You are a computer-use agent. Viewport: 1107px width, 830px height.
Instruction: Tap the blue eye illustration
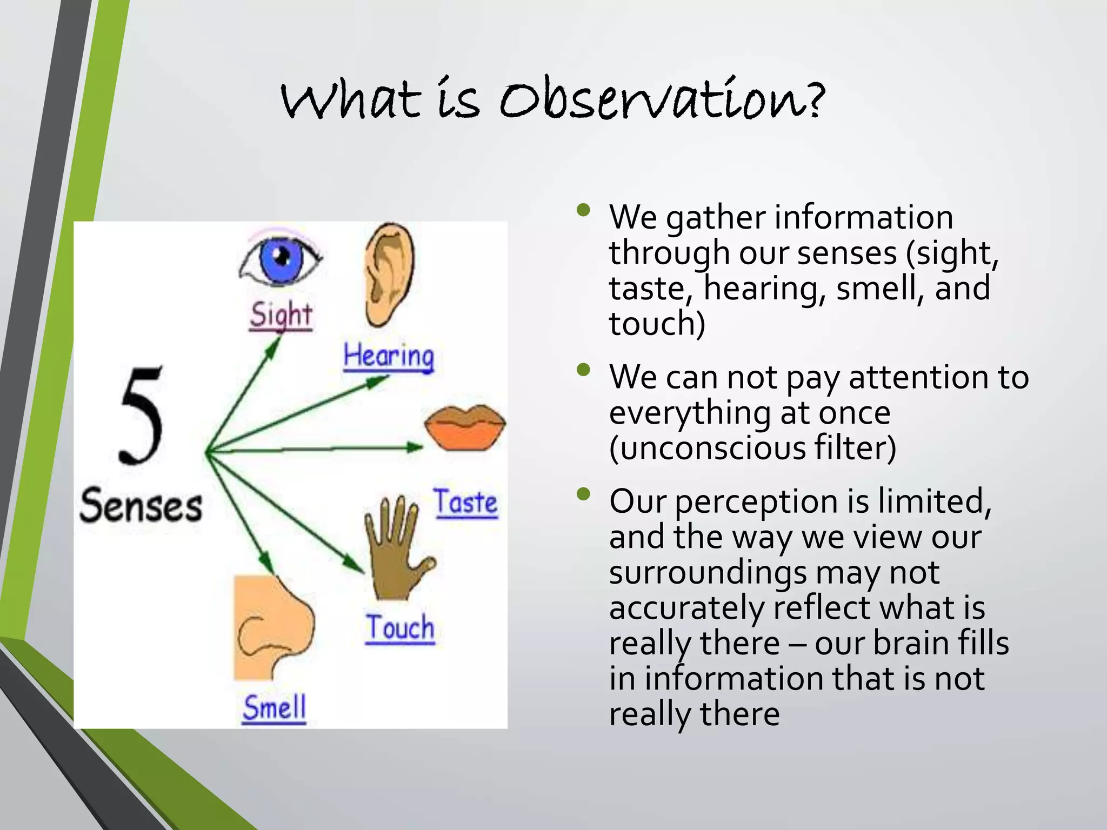pos(280,258)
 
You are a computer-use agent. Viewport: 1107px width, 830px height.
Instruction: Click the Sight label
pos(281,315)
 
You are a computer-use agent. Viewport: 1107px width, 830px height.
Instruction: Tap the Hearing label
pos(389,357)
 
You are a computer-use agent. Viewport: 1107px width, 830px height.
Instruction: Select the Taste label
pos(465,503)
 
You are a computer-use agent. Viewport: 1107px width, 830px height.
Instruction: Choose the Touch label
pos(400,628)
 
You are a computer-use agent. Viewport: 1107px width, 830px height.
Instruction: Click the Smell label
pos(275,708)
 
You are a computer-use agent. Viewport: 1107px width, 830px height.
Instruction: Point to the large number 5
pos(142,416)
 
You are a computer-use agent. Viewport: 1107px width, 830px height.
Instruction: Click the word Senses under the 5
pos(141,506)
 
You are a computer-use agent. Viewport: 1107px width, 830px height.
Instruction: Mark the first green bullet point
pos(583,210)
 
